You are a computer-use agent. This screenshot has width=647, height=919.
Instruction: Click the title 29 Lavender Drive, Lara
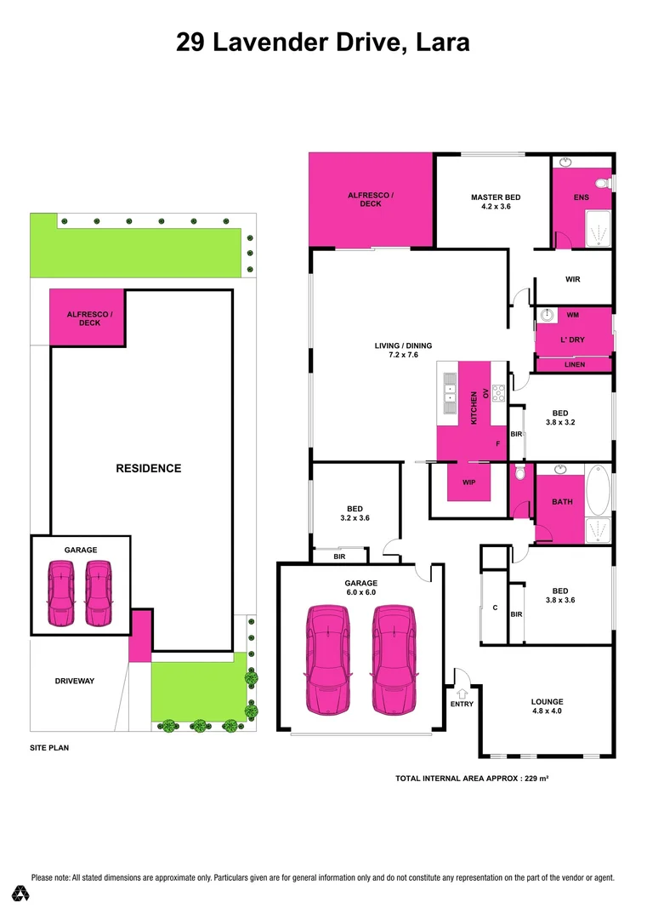click(x=323, y=42)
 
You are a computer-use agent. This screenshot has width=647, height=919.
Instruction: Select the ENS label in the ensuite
click(x=582, y=197)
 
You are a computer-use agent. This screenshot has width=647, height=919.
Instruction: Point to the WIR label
click(x=572, y=279)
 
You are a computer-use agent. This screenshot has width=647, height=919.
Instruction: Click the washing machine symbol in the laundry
click(x=548, y=316)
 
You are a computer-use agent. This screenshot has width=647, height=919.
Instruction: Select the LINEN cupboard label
click(x=574, y=365)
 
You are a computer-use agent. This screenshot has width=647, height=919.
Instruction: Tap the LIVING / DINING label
click(x=403, y=350)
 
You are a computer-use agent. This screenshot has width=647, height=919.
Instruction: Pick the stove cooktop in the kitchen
click(x=498, y=393)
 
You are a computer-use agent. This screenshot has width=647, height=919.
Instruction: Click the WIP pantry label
click(x=468, y=482)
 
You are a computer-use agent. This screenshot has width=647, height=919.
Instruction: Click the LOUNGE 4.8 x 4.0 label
click(x=547, y=705)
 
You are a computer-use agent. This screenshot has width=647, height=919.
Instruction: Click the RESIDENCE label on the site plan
click(x=149, y=468)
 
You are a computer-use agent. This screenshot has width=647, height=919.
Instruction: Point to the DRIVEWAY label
click(x=74, y=681)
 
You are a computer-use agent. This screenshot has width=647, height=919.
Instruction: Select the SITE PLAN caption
click(x=49, y=748)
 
